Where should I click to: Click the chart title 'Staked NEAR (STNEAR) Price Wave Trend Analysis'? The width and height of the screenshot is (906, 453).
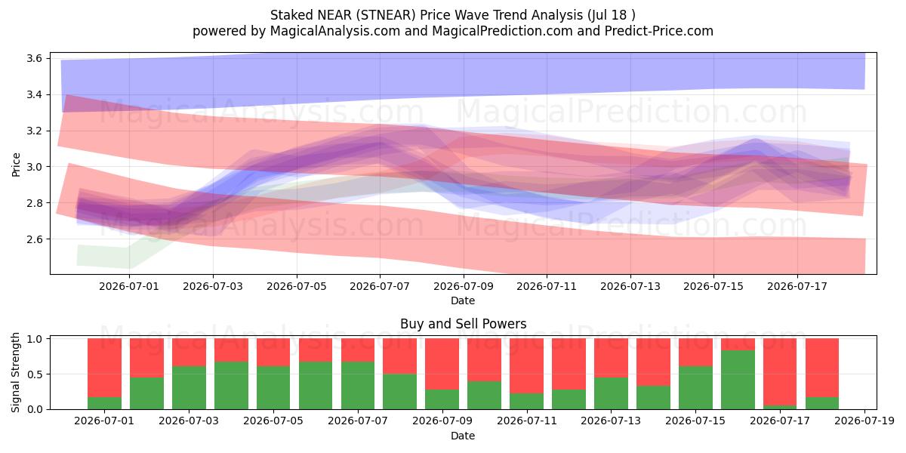pos(427,15)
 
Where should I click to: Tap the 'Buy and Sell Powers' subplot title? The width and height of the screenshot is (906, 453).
pos(463,324)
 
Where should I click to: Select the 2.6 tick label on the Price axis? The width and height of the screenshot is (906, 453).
pos(35,239)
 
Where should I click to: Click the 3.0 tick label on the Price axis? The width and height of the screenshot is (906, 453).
pos(35,167)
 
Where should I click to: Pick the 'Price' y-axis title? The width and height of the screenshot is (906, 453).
pos(16,165)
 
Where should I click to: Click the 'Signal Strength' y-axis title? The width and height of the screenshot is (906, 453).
pos(15,372)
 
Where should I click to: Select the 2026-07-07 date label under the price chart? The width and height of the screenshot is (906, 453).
pos(379,286)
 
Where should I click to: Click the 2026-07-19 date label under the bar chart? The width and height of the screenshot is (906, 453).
pos(864,421)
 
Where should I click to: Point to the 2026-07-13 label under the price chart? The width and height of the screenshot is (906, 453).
pos(630,286)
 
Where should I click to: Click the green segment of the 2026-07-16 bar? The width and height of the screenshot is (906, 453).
pos(738,380)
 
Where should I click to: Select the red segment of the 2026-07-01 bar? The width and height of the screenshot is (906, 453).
pos(104,368)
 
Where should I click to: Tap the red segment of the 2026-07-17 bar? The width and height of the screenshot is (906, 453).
pos(780,372)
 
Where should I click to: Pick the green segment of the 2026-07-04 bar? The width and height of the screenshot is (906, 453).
pos(231,386)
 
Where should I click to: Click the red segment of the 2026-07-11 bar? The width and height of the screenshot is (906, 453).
pos(527,366)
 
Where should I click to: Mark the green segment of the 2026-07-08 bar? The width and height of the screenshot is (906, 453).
pos(400,392)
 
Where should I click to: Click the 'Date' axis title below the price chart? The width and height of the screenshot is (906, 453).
pos(463,300)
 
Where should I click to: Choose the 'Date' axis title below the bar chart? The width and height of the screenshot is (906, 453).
pos(463,436)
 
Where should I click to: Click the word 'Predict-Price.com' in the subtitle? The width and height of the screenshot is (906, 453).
pos(659,31)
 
